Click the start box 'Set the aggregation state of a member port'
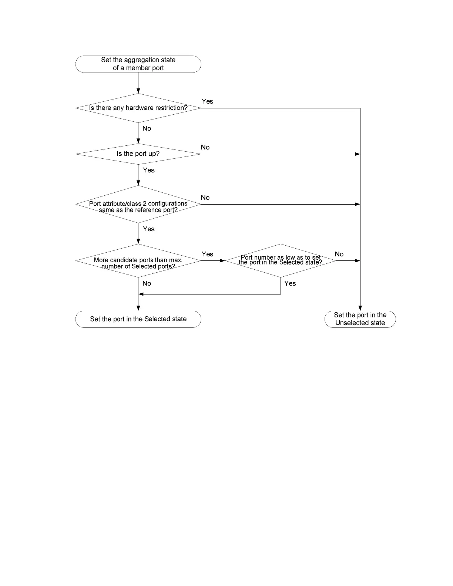coord(138,64)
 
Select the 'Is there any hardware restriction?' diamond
coord(138,108)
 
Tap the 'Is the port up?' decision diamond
coord(138,154)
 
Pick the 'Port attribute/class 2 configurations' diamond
coord(138,205)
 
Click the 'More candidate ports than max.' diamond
coord(138,261)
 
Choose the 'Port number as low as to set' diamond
coord(281,260)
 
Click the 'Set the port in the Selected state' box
coord(138,319)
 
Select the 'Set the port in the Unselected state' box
coord(360,319)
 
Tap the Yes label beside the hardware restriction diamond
coord(207,101)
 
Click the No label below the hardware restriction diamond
coord(147,128)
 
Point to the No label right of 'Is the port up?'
coord(205,147)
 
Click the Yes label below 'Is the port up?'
coord(148,170)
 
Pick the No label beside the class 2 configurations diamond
coord(205,198)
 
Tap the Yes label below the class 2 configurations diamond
coord(148,229)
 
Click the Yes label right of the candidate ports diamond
coord(207,254)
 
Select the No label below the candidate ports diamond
coord(147,283)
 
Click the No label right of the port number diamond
coord(339,254)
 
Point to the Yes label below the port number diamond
coord(290,283)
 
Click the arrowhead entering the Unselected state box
coord(360,308)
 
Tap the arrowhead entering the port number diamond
coord(222,261)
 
